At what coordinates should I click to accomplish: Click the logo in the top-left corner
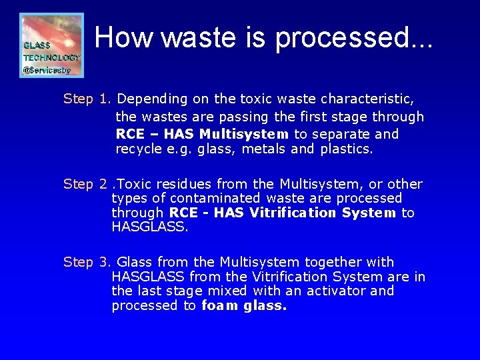(x=51, y=45)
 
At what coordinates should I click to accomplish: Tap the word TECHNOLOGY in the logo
(x=52, y=57)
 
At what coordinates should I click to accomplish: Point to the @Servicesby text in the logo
(x=47, y=69)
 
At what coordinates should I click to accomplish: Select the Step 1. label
(x=87, y=99)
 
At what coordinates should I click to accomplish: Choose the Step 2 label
(x=85, y=184)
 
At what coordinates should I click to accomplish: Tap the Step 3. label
(x=87, y=262)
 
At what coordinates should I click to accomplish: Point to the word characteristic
(x=367, y=99)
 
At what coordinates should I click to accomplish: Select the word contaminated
(x=216, y=198)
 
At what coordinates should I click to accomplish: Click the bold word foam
(x=219, y=306)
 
